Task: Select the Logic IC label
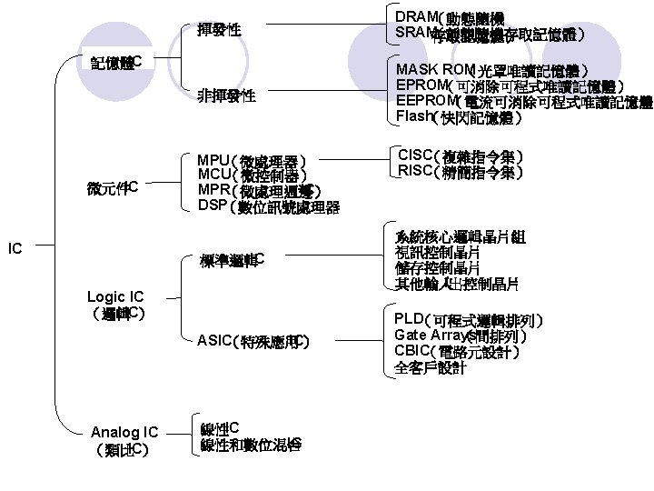(115, 296)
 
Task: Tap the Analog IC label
(124, 433)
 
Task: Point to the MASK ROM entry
(491, 70)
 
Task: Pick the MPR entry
(256, 190)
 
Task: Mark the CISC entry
(459, 155)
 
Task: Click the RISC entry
(459, 171)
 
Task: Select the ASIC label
(253, 342)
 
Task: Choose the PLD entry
(469, 320)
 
